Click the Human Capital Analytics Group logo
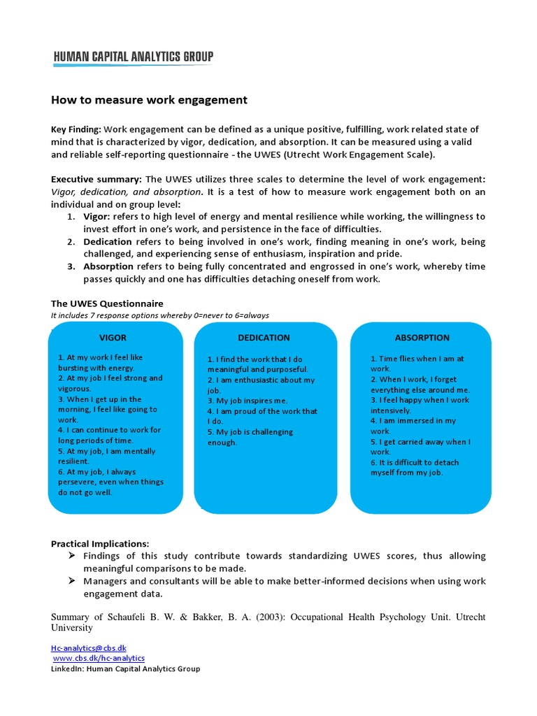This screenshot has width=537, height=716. pyautogui.click(x=133, y=57)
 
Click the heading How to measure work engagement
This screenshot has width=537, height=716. pyautogui.click(x=149, y=100)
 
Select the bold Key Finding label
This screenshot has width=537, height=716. pyautogui.click(x=76, y=129)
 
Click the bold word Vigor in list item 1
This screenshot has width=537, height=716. pyautogui.click(x=98, y=217)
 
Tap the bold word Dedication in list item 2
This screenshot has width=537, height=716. pyautogui.click(x=108, y=242)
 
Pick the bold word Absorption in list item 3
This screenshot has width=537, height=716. pyautogui.click(x=108, y=267)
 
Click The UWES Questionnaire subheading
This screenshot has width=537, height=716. pyautogui.click(x=107, y=303)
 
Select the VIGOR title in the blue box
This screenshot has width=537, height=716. pyautogui.click(x=113, y=338)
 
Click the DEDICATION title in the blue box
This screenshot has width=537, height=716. pyautogui.click(x=264, y=338)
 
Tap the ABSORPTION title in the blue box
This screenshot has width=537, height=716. pyautogui.click(x=422, y=338)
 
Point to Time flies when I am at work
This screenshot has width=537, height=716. pyautogui.click(x=417, y=364)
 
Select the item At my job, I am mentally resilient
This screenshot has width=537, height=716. pyautogui.click(x=108, y=457)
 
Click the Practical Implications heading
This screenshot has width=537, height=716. pyautogui.click(x=100, y=543)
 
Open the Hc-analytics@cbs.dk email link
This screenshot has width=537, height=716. pyautogui.click(x=89, y=648)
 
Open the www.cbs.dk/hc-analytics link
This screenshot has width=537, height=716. pyautogui.click(x=99, y=658)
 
